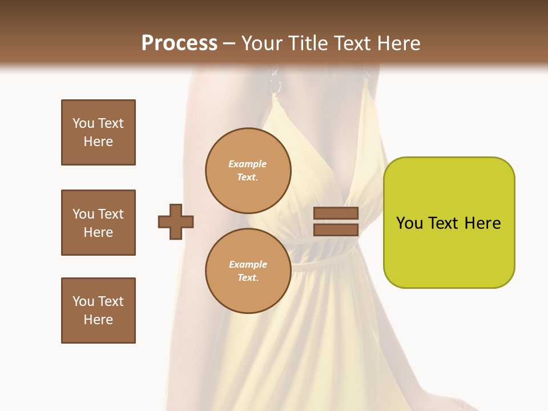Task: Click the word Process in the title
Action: pyautogui.click(x=179, y=43)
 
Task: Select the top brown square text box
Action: pyautogui.click(x=98, y=132)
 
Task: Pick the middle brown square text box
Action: pyautogui.click(x=98, y=223)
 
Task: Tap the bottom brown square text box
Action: pyautogui.click(x=98, y=311)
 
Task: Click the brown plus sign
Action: pyautogui.click(x=176, y=222)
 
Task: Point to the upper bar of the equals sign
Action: pyautogui.click(x=336, y=213)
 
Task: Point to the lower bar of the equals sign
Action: pyautogui.click(x=336, y=229)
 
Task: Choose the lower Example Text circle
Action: pyautogui.click(x=248, y=271)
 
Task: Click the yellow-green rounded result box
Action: pyautogui.click(x=449, y=223)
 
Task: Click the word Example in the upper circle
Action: pyautogui.click(x=248, y=164)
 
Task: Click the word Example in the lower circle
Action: pyautogui.click(x=248, y=264)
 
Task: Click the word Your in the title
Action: pyautogui.click(x=261, y=43)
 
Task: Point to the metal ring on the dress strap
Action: pyautogui.click(x=276, y=86)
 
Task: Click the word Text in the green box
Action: pyautogui.click(x=444, y=223)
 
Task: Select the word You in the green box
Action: pyautogui.click(x=409, y=223)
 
